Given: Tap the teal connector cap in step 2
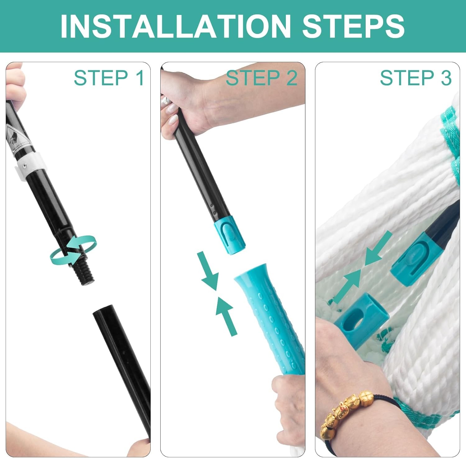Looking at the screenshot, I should [x=230, y=238].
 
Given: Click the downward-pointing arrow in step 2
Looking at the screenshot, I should [x=208, y=270].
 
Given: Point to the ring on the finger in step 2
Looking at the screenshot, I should [x=166, y=100].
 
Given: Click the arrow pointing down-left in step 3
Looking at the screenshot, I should [x=377, y=248].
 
